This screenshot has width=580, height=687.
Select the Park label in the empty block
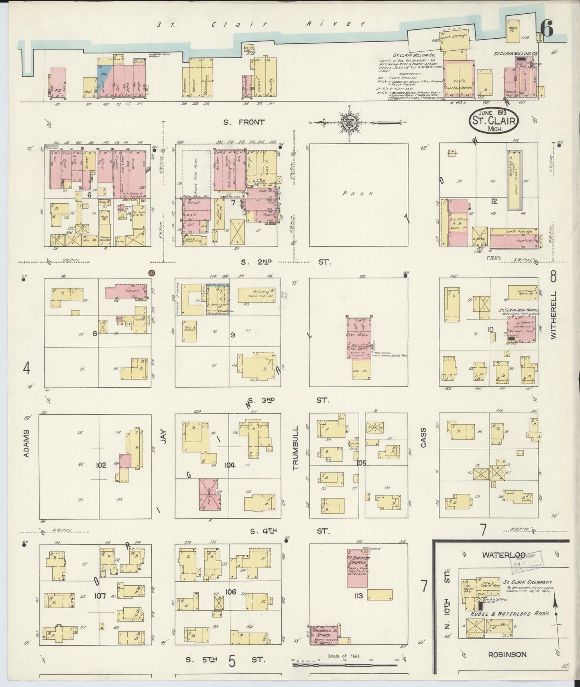pyautogui.click(x=358, y=194)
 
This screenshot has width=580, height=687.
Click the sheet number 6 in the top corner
pyautogui.click(x=547, y=28)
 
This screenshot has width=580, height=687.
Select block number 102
pyautogui.click(x=101, y=465)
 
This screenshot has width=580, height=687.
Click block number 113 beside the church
pyautogui.click(x=358, y=595)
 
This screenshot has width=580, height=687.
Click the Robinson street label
pyautogui.click(x=507, y=654)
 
